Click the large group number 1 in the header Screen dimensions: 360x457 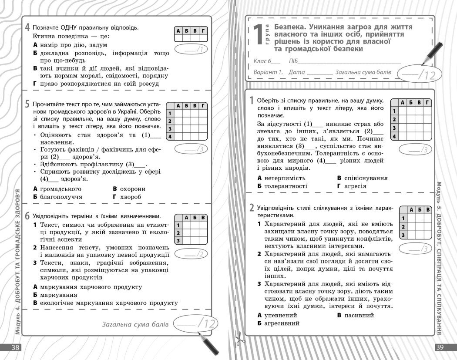(258, 34)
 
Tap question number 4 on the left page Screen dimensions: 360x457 (27, 27)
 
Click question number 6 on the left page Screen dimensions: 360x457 (27, 216)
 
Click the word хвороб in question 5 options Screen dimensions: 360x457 (131, 197)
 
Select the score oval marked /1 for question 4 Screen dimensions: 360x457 (190, 49)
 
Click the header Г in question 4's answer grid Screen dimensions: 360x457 (203, 31)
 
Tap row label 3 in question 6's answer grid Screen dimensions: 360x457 (178, 240)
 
